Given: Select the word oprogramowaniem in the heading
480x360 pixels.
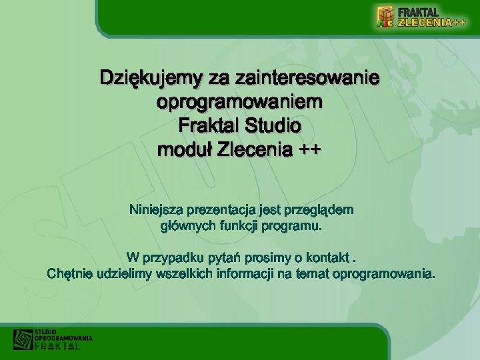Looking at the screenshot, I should pyautogui.click(x=239, y=103).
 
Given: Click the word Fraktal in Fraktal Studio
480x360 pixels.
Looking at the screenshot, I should pyautogui.click(x=209, y=125).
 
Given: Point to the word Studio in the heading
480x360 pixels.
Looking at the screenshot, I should pyautogui.click(x=273, y=125).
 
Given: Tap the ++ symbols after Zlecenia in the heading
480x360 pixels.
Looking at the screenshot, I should pyautogui.click(x=307, y=149).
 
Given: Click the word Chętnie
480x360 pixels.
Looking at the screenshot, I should pyautogui.click(x=70, y=274).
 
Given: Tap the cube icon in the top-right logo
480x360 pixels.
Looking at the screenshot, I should pyautogui.click(x=385, y=17).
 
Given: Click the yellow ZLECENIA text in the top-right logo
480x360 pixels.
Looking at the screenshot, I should pyautogui.click(x=425, y=22).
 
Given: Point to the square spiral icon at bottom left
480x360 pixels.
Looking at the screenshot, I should pyautogui.click(x=23, y=339).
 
